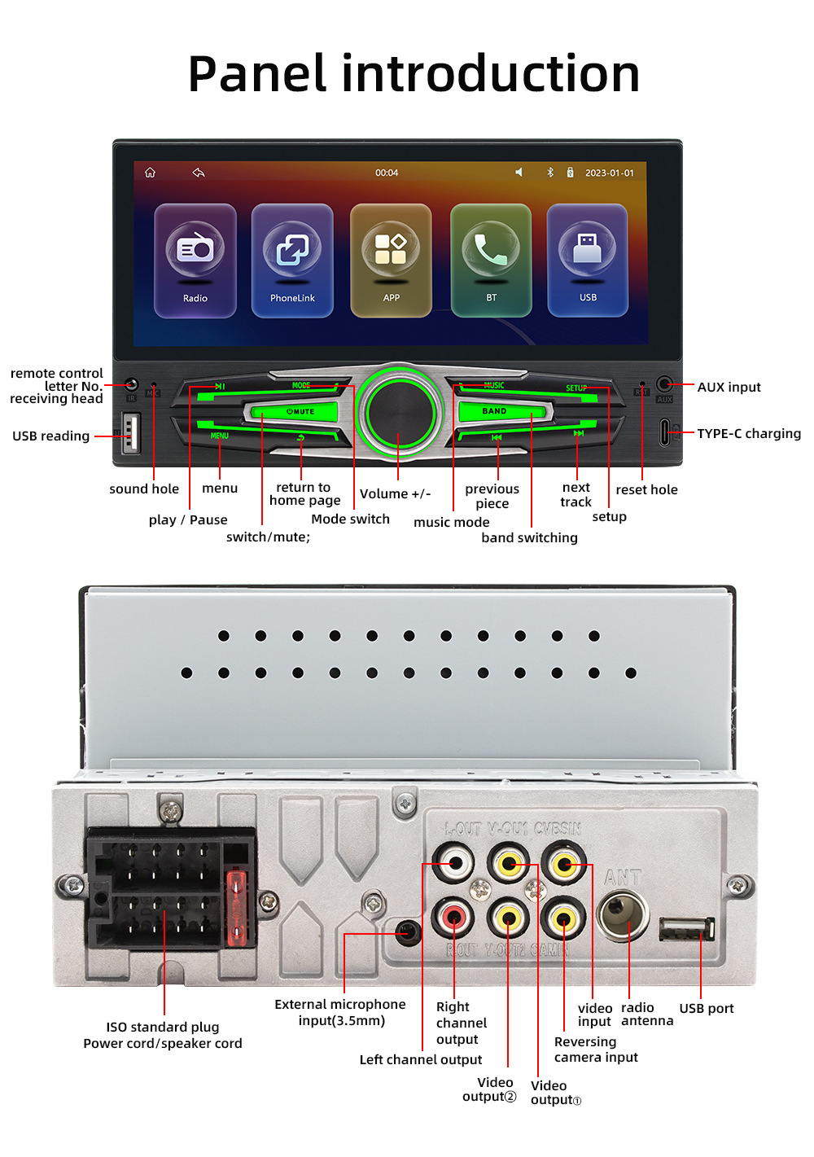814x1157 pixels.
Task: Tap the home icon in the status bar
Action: coord(150,173)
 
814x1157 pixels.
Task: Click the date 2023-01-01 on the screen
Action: coord(609,173)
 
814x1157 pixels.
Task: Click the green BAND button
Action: coord(494,411)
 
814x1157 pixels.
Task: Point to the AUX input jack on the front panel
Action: coord(664,383)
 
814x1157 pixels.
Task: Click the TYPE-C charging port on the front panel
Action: coord(664,432)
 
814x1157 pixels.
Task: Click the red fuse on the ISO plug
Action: coord(236,908)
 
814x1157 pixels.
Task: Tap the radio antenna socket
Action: coord(624,914)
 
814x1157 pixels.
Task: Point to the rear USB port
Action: coord(687,928)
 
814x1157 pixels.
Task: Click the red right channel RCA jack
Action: coord(454,918)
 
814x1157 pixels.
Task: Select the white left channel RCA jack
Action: coord(454,864)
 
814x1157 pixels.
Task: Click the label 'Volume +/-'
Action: coord(395,494)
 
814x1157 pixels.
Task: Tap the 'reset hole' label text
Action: coord(646,490)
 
